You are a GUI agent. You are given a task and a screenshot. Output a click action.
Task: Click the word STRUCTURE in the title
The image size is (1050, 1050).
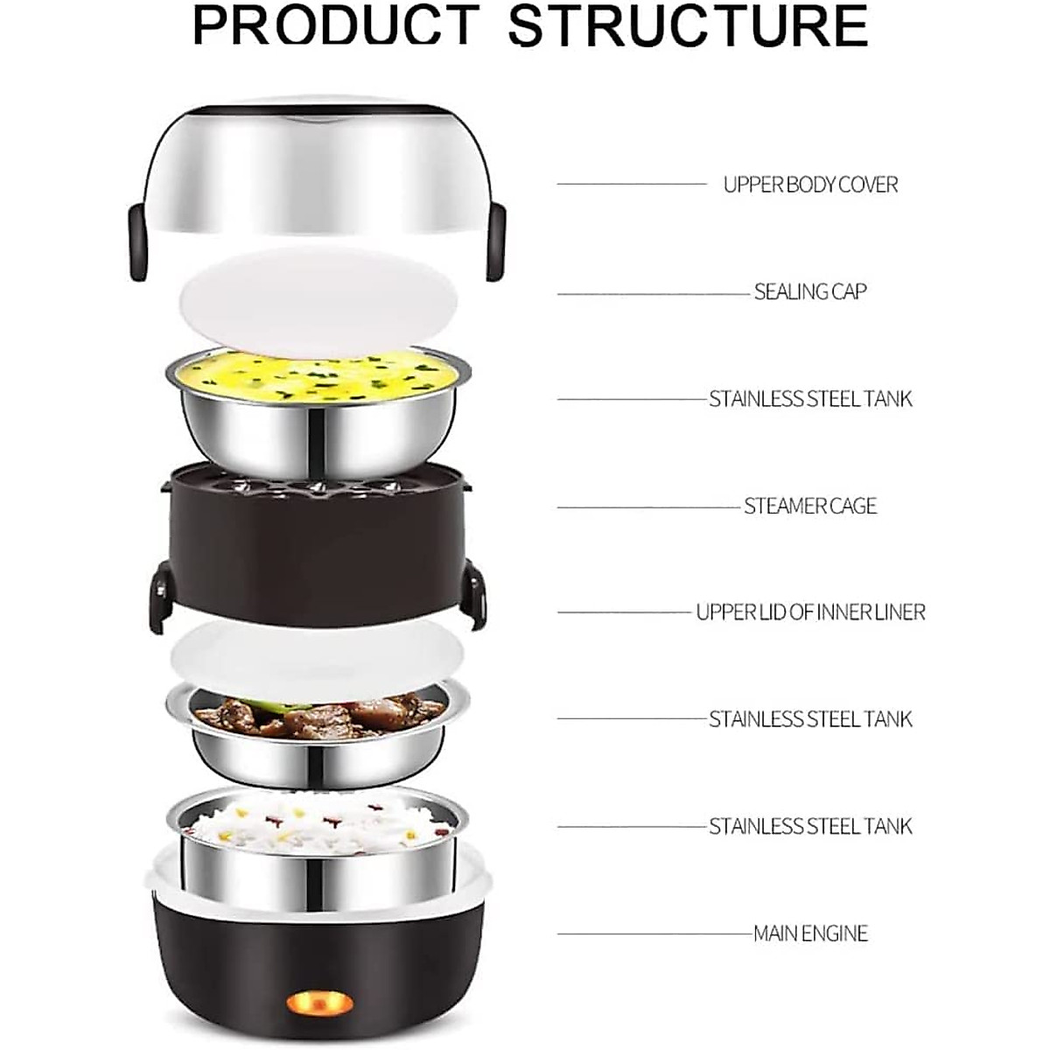688,26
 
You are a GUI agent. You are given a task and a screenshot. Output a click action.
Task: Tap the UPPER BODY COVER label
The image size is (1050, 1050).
810,185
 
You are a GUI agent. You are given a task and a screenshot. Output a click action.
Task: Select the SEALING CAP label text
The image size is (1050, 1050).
810,291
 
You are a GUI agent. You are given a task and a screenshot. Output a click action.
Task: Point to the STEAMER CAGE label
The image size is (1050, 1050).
810,506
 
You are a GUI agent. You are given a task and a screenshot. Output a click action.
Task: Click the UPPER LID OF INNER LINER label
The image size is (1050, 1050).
810,612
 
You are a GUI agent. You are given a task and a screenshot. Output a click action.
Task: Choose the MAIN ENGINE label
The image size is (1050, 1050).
810,934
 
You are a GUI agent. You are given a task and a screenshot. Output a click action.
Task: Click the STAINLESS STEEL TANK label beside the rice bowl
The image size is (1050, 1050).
810,826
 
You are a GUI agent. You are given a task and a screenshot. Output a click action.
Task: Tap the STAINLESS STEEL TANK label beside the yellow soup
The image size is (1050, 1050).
810,399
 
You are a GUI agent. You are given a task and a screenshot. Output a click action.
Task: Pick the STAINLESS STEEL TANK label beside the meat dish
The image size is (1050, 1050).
810,719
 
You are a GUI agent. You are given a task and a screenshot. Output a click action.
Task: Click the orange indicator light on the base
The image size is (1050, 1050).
317,999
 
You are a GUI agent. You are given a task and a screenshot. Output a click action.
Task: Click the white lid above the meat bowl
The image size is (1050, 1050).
317,652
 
